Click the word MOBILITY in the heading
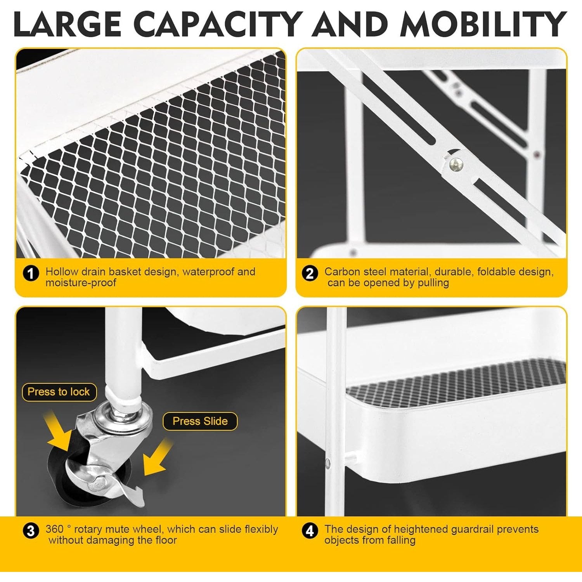(483, 24)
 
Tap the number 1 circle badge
(31, 274)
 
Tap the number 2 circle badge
(310, 274)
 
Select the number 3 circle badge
(31, 531)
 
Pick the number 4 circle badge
(310, 531)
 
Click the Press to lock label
(59, 392)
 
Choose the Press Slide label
(200, 421)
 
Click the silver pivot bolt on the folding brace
(456, 165)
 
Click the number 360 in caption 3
(54, 529)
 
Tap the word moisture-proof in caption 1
(81, 283)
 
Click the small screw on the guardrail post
(327, 462)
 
